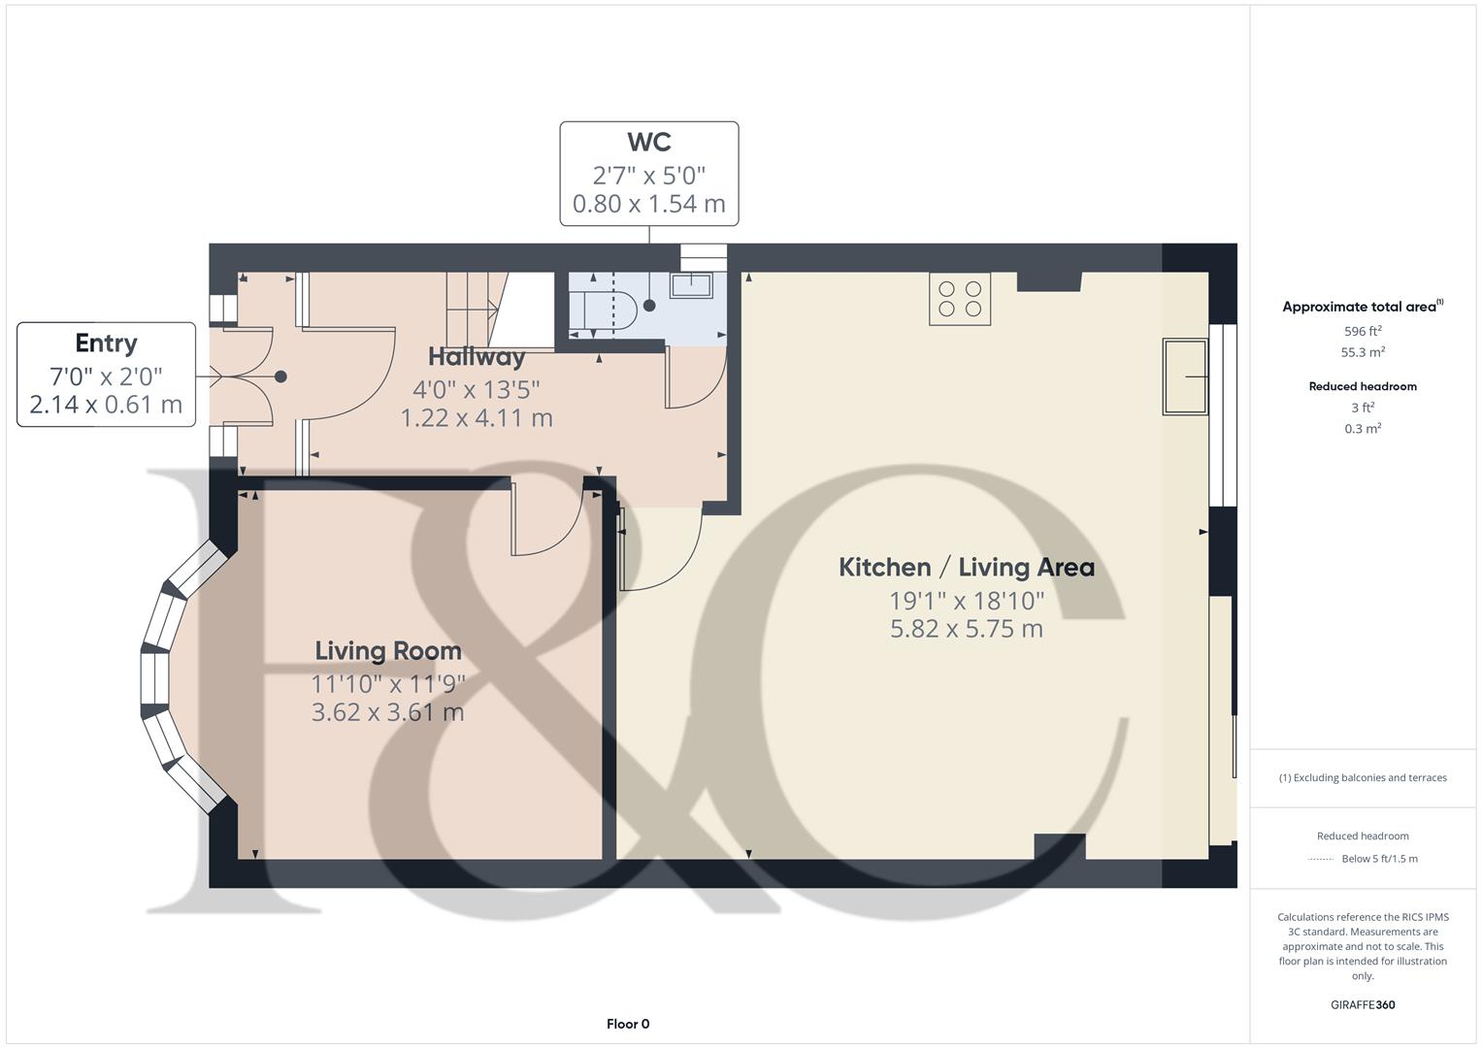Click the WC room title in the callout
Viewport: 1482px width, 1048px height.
(x=648, y=142)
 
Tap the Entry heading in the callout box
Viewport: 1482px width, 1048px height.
(x=106, y=344)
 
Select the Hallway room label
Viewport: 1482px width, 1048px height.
(x=477, y=357)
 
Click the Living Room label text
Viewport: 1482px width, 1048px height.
(x=388, y=651)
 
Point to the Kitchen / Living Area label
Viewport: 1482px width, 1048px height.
(x=966, y=568)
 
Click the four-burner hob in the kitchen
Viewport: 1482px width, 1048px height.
(x=960, y=299)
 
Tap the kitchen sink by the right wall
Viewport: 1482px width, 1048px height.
(x=1185, y=377)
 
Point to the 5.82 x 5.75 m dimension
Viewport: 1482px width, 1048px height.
(x=966, y=629)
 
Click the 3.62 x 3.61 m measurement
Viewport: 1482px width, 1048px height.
(x=388, y=712)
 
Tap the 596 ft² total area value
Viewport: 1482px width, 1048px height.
(x=1363, y=331)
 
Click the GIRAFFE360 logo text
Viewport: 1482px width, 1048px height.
(x=1363, y=1004)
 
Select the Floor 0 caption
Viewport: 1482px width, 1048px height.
(x=628, y=1024)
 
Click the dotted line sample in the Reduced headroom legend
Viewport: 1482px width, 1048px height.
(x=1321, y=859)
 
